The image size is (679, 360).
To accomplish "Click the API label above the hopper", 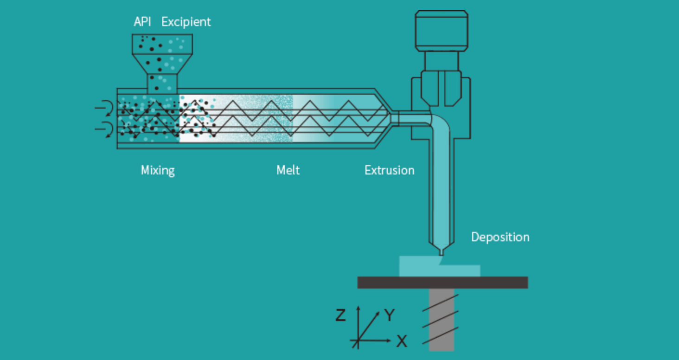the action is [142, 21].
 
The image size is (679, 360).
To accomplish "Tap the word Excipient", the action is [186, 22].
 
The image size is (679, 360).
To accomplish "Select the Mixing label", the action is [158, 170].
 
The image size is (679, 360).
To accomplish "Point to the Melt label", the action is [288, 170].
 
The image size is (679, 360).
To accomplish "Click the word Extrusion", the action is [389, 170].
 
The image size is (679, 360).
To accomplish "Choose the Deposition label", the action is [500, 237].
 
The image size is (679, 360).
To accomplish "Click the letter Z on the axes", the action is [341, 315].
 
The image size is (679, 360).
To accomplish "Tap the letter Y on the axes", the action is [390, 315].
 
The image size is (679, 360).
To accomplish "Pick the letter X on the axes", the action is [402, 341].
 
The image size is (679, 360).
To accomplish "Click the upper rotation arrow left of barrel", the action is [104, 108].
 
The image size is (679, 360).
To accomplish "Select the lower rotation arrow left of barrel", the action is [104, 129].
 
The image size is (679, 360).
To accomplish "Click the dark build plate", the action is [442, 283].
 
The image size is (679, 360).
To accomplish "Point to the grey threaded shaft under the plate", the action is [442, 319].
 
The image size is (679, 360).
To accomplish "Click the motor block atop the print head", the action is [442, 31].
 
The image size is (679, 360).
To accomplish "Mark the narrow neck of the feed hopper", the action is [162, 84].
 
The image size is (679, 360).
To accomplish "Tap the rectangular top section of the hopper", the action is [162, 44].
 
